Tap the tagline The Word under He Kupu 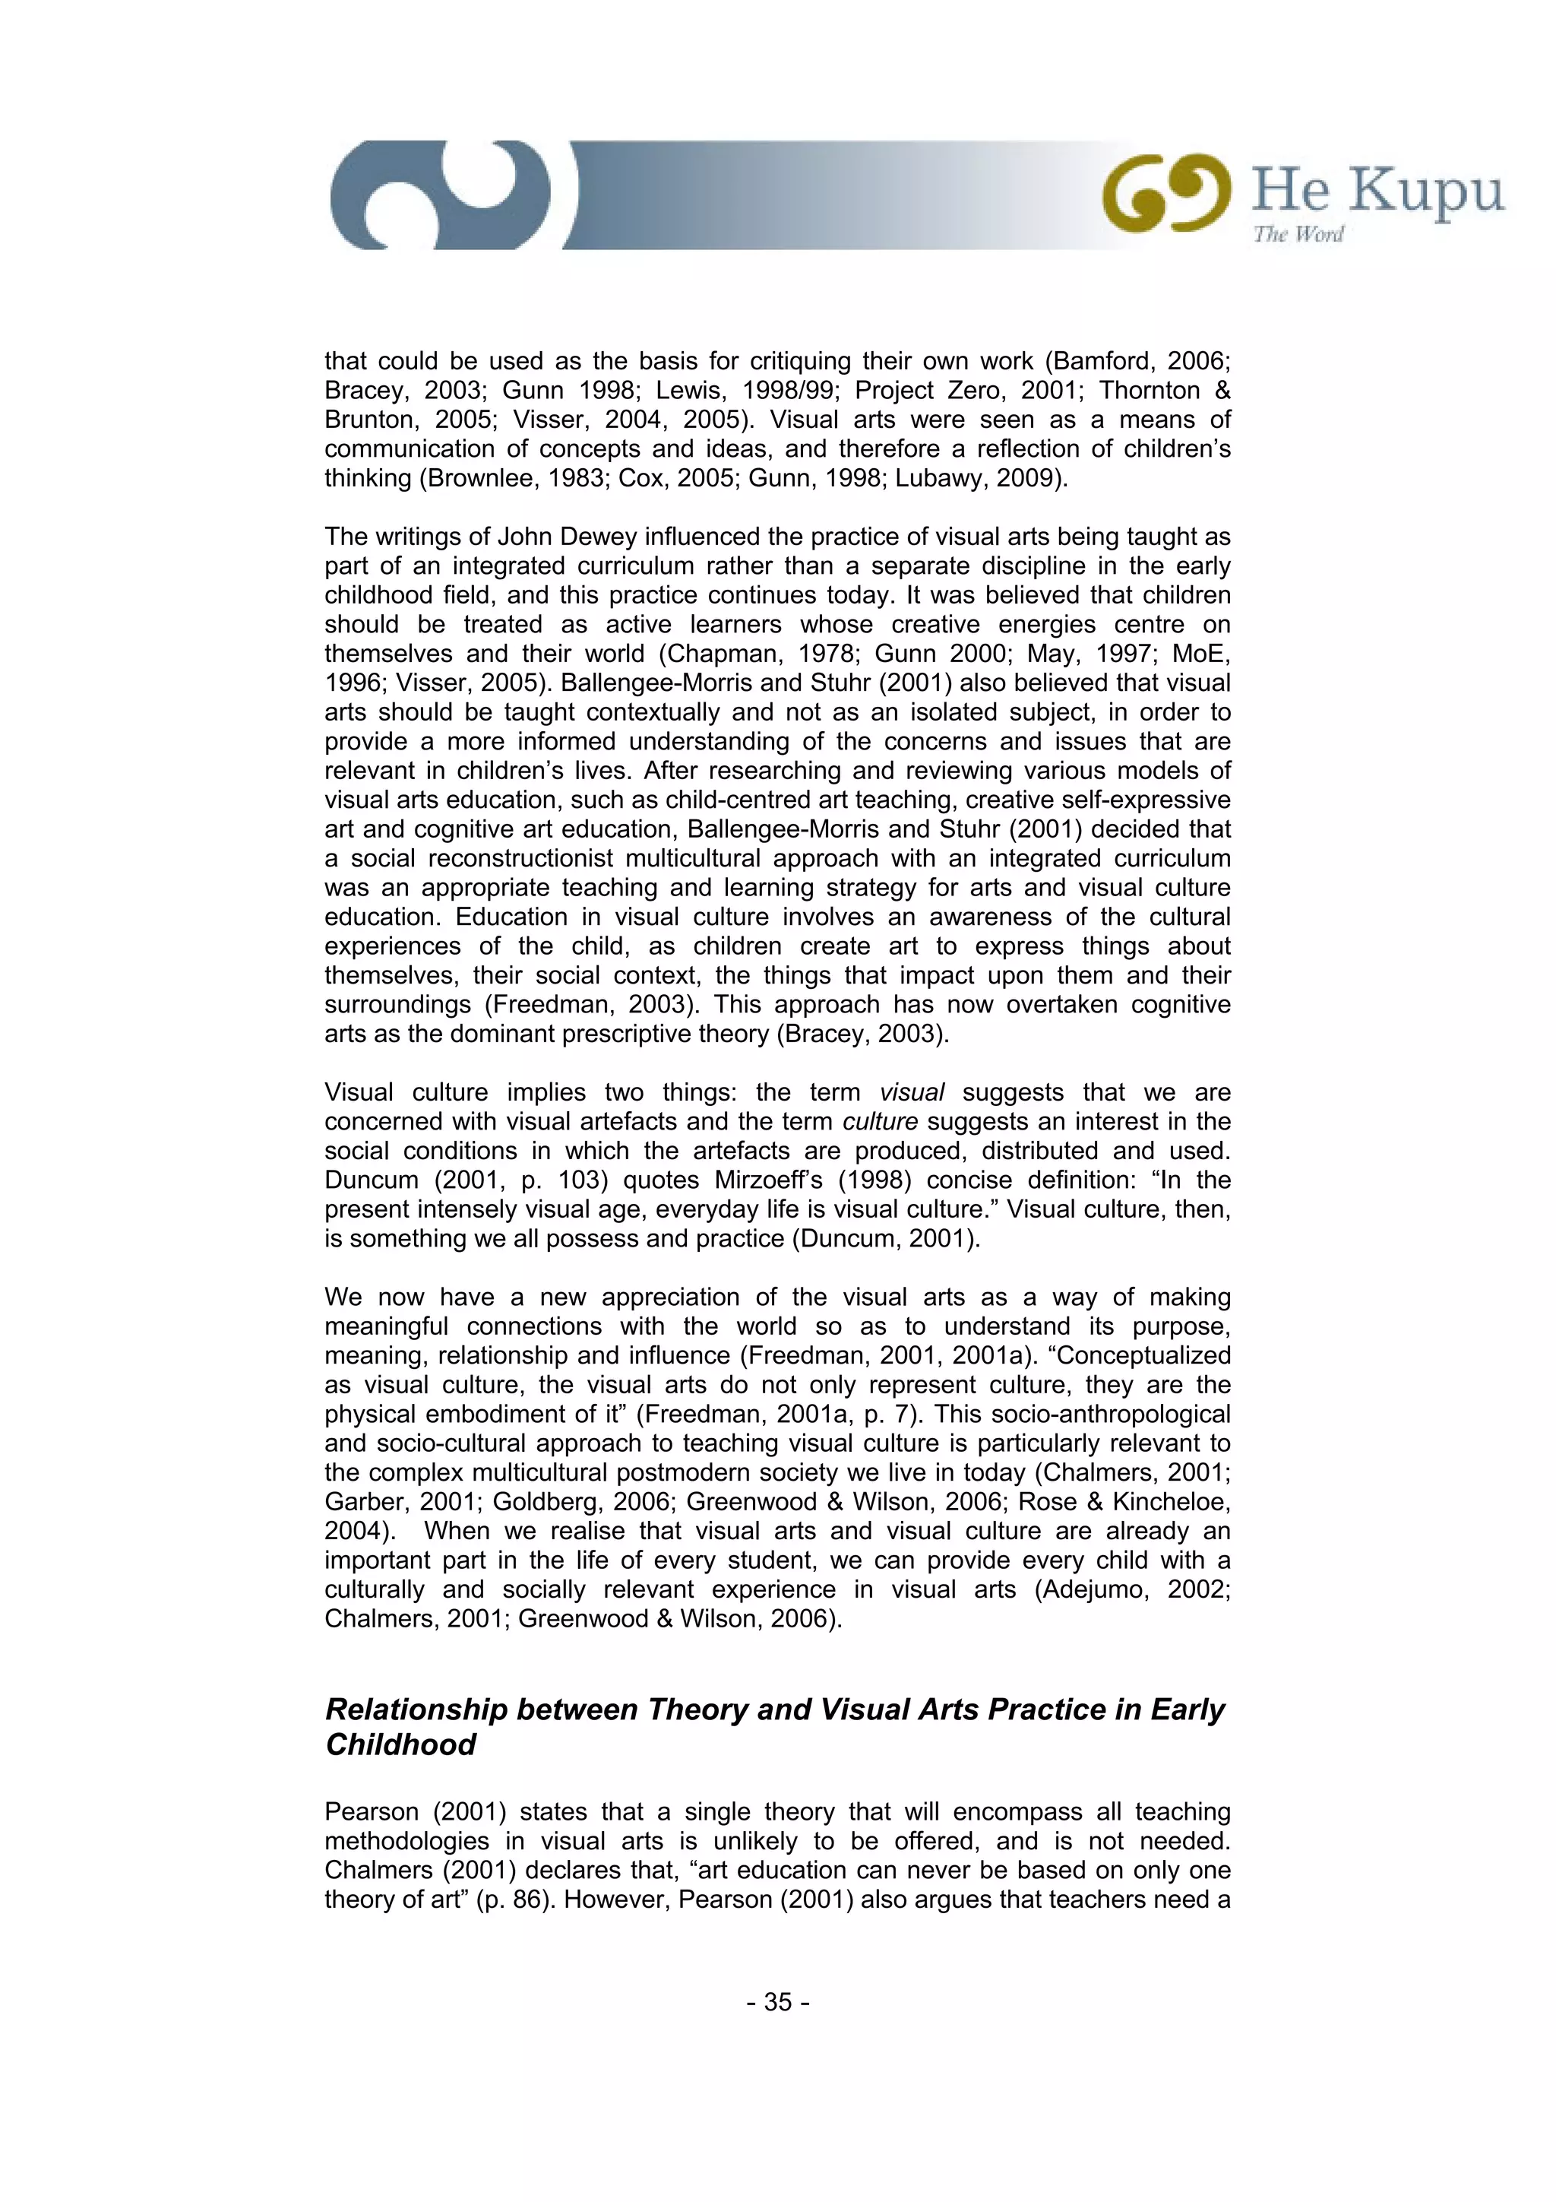point(1298,234)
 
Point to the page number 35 point(777,2001)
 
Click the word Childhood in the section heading point(400,1744)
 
